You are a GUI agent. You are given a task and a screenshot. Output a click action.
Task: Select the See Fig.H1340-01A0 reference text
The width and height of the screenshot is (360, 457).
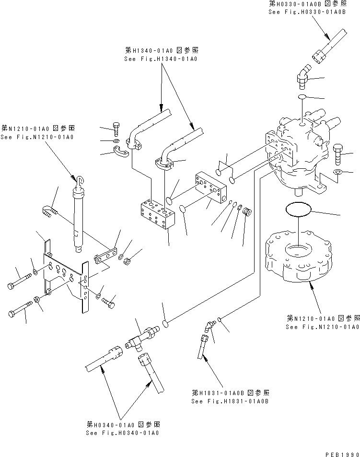(160, 59)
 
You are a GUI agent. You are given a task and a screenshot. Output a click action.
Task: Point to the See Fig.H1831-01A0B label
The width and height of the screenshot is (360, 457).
(230, 400)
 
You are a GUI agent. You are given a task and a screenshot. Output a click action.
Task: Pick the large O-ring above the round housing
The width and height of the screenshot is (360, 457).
(298, 210)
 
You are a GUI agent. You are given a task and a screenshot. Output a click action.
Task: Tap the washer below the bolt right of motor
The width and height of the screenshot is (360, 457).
(337, 172)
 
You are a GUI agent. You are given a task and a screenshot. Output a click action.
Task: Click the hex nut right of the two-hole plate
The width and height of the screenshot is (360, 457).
(128, 262)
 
